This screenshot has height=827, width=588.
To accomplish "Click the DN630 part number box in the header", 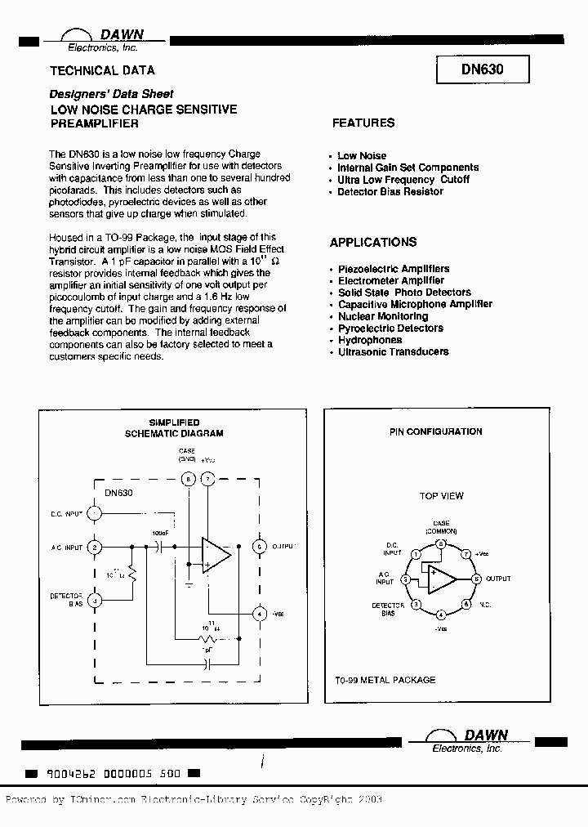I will coord(482,70).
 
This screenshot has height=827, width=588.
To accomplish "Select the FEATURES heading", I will coord(363,123).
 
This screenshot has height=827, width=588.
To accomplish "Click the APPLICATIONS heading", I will coord(372,243).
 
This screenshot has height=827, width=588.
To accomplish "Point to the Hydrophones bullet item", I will coord(370,340).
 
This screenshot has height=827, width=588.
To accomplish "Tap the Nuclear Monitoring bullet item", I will coord(382,316).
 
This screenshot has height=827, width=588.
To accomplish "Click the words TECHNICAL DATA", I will coord(102,70).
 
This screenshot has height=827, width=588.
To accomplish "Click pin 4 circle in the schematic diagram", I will coord(260,613).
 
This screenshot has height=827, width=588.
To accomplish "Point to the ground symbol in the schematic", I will coord(189,585).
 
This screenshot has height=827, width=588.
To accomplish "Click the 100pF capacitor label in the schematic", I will coord(160,533).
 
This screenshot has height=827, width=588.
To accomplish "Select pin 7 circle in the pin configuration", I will coord(467,553).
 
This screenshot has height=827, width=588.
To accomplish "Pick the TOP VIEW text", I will coord(441,496).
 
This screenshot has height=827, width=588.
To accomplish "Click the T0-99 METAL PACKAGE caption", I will coord(385,680).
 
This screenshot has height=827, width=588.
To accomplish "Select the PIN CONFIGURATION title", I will coord(435,431).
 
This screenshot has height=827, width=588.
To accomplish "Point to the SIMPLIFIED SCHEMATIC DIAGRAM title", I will coord(174,428).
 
